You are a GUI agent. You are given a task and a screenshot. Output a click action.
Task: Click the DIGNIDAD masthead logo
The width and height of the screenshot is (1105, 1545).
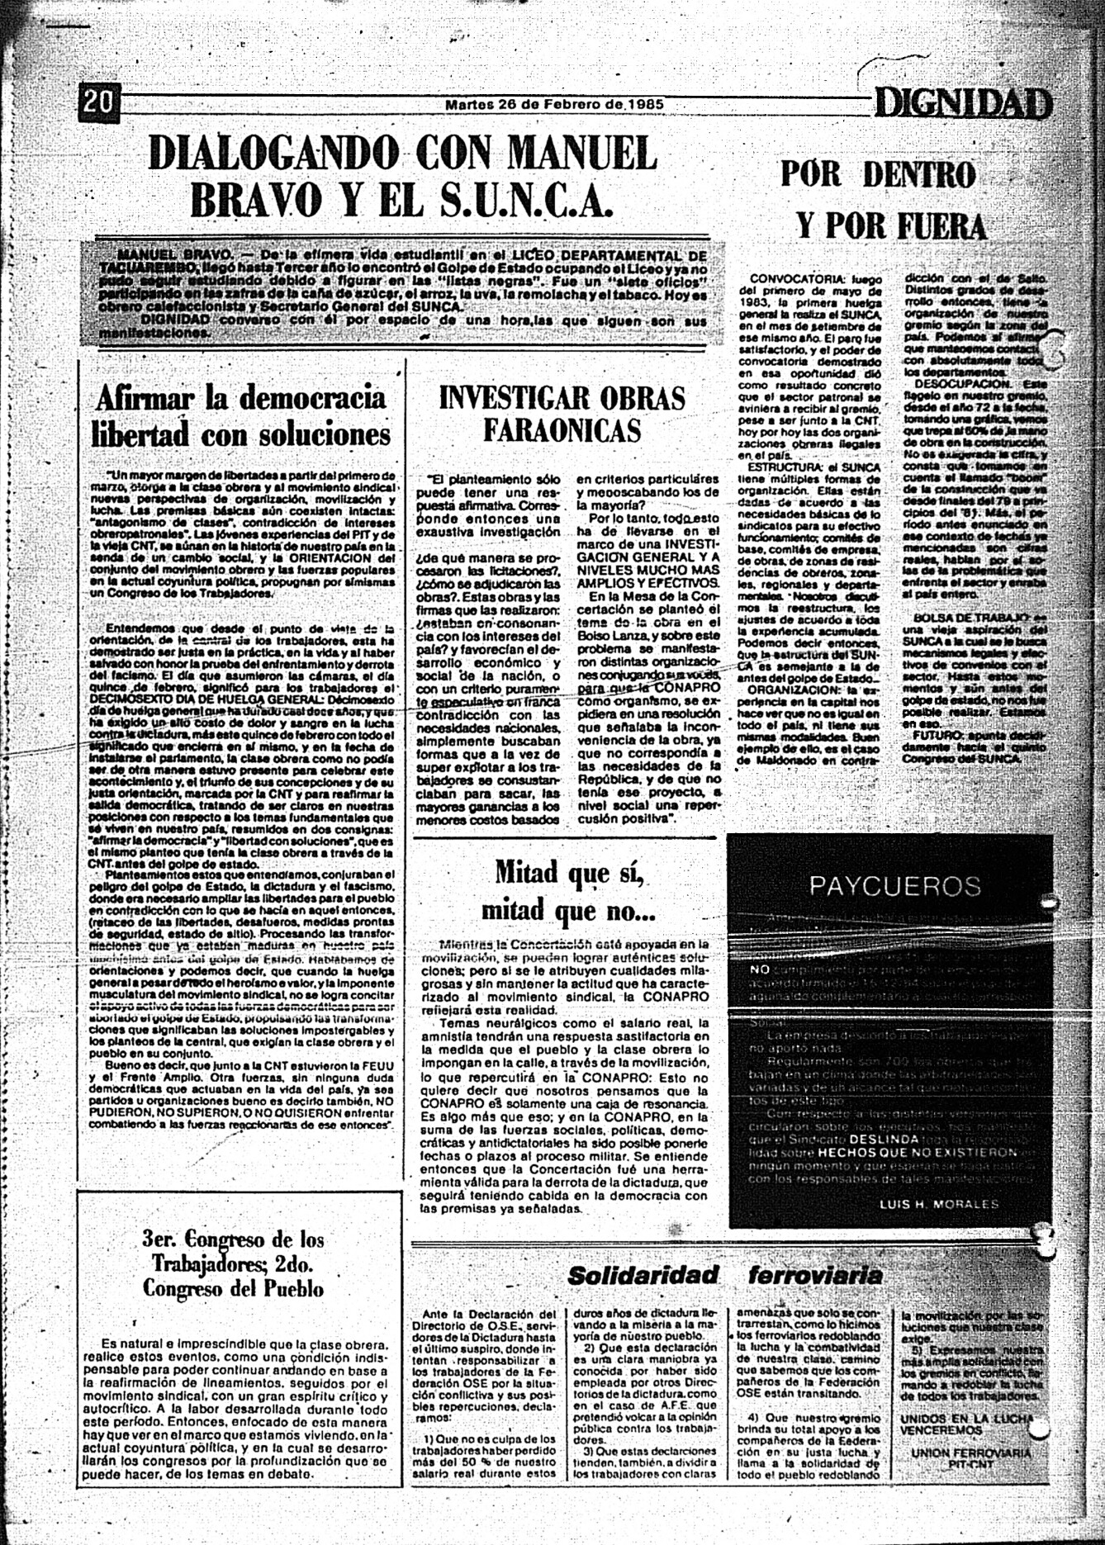[963, 104]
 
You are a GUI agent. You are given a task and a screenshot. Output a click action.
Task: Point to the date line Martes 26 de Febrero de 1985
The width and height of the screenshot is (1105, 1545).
[554, 105]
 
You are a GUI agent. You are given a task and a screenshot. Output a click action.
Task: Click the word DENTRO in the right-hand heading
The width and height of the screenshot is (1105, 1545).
[919, 174]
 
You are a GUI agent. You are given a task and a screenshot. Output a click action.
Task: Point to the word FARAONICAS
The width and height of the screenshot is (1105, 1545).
[562, 430]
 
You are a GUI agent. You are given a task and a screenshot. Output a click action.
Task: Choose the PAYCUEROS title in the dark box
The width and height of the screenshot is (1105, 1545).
[895, 887]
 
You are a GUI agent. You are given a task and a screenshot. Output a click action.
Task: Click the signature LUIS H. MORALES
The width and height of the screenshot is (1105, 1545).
[939, 1205]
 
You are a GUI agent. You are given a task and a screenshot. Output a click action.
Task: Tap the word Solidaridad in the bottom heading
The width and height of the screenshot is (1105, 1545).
[643, 1275]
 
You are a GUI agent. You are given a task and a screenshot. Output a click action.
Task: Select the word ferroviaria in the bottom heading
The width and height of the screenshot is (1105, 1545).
[815, 1275]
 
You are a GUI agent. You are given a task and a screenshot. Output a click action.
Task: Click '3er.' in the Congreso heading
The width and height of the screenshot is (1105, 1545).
[162, 1239]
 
